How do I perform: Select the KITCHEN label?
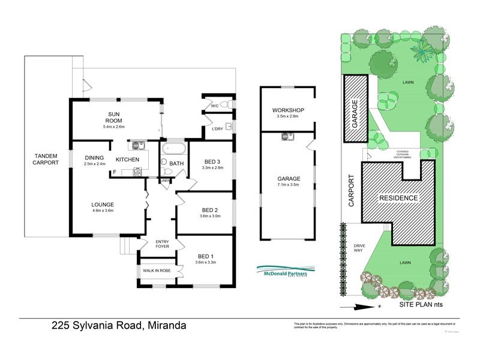(x=127, y=160)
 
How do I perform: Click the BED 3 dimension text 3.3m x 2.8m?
(x=213, y=169)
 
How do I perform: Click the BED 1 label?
(x=205, y=255)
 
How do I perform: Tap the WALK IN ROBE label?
(x=157, y=271)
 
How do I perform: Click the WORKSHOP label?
(x=287, y=110)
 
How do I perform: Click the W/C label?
(x=214, y=106)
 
